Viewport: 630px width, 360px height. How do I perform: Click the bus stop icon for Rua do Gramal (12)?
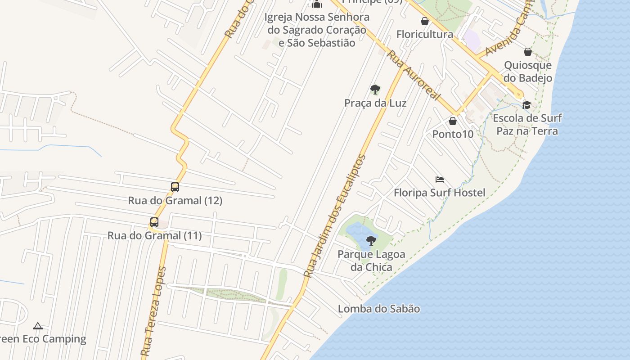(x=175, y=187)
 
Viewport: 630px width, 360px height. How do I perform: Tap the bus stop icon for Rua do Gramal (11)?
(x=154, y=222)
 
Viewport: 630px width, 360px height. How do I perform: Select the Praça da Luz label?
(x=375, y=103)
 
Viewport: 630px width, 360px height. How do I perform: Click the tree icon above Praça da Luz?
(x=375, y=90)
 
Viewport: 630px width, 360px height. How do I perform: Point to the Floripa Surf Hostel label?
(x=439, y=193)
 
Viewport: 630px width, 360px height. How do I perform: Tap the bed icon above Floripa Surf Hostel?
(x=440, y=180)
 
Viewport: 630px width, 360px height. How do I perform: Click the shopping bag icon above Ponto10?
(x=453, y=121)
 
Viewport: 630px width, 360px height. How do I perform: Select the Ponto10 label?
(x=453, y=134)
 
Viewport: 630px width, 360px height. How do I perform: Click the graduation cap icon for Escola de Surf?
(x=526, y=105)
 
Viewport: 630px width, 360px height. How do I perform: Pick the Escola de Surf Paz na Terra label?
(x=527, y=125)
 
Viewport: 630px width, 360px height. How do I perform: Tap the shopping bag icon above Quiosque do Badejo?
(x=528, y=52)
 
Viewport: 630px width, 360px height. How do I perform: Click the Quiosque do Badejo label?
(x=528, y=72)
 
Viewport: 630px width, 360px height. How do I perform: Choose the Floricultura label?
(x=424, y=34)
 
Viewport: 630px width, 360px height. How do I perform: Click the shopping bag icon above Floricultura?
(x=424, y=21)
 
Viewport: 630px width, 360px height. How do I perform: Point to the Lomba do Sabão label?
(x=379, y=309)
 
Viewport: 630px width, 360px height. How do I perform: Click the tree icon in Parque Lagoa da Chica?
(x=371, y=241)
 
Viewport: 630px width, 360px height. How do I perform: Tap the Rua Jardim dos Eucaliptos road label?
(x=335, y=216)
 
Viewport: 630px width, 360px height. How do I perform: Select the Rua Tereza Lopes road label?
(x=154, y=311)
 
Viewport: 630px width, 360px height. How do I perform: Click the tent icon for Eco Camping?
(x=38, y=325)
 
